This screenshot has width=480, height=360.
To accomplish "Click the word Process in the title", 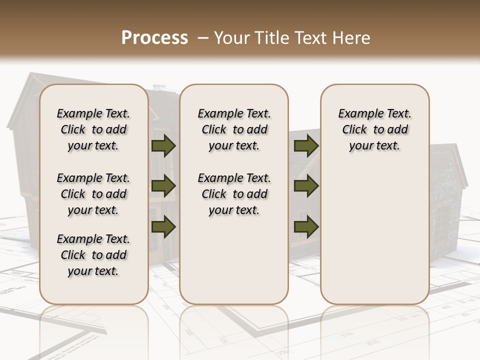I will pos(154,37).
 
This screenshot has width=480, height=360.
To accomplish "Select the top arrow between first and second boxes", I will pos(163,145).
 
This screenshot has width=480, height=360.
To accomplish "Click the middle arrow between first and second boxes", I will pos(163,186).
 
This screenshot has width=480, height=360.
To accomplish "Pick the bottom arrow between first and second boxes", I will pos(163,226).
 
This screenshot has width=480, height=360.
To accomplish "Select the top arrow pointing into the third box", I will pos(306,145).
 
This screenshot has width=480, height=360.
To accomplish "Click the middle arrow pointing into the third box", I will pos(306,186).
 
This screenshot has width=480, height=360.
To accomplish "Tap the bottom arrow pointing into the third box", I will pos(306,226).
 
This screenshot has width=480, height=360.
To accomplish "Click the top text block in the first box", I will pos(93,129).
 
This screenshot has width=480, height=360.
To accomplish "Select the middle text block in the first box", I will pos(93,194).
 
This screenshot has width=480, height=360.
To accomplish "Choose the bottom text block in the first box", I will pos(93,255).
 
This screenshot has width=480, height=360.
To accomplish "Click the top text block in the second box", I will pos(234,129).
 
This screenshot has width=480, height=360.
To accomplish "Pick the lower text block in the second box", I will pos(234,194).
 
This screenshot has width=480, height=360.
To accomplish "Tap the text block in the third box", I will pos(374,129).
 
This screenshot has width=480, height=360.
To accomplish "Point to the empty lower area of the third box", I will pos(374,235).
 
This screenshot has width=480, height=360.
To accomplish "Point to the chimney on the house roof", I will pos(159,87).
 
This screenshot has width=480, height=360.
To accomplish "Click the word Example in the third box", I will pos(356,114).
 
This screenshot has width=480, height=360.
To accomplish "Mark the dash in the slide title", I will pos(203,38).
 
